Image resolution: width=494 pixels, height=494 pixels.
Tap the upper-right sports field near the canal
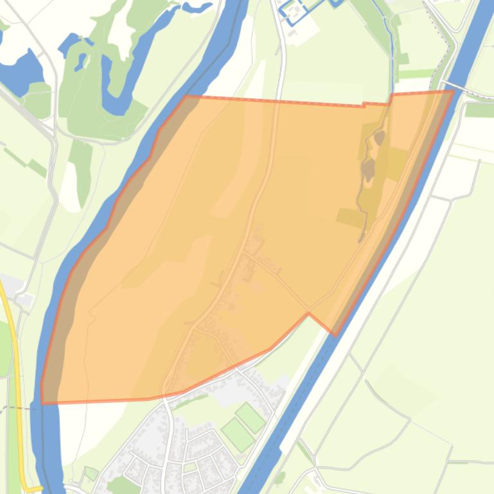click(x=249, y=418)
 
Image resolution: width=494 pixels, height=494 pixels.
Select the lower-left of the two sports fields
click(x=238, y=435)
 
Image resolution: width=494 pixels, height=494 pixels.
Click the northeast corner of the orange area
click(x=454, y=91)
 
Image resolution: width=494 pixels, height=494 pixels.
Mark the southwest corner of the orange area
click(x=43, y=403)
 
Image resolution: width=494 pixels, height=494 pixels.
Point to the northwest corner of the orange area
click(x=187, y=97)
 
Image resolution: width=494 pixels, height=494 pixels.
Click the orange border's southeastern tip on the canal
click(x=335, y=334)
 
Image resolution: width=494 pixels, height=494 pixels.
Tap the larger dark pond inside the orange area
click(x=368, y=169)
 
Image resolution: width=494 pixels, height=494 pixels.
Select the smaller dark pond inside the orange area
click(x=380, y=137)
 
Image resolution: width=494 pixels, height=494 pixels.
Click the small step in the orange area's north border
click(x=364, y=104)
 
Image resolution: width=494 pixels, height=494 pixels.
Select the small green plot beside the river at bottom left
click(x=91, y=473)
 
